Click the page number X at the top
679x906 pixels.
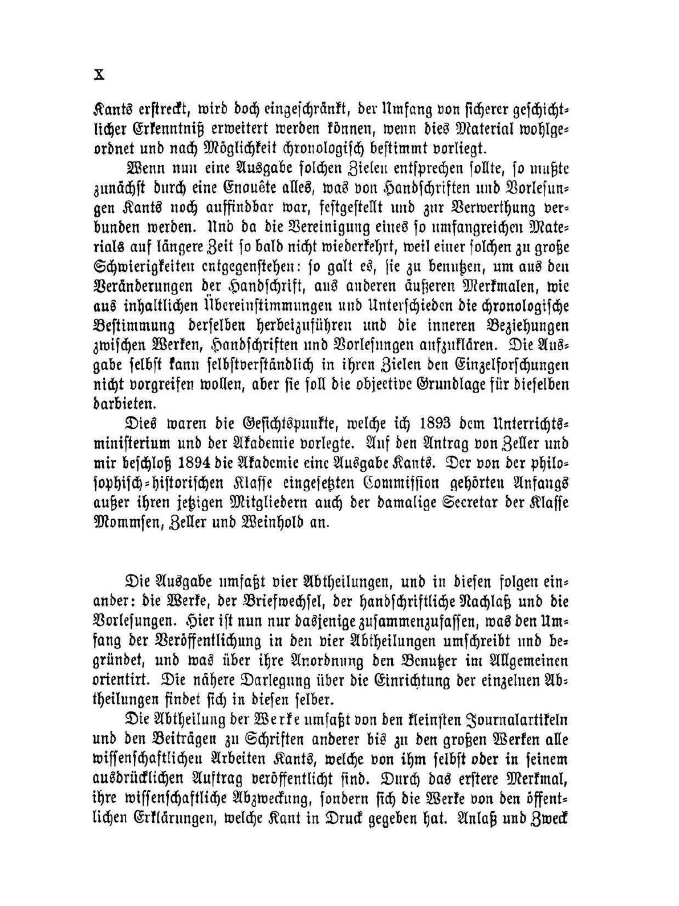[x=98, y=74]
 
